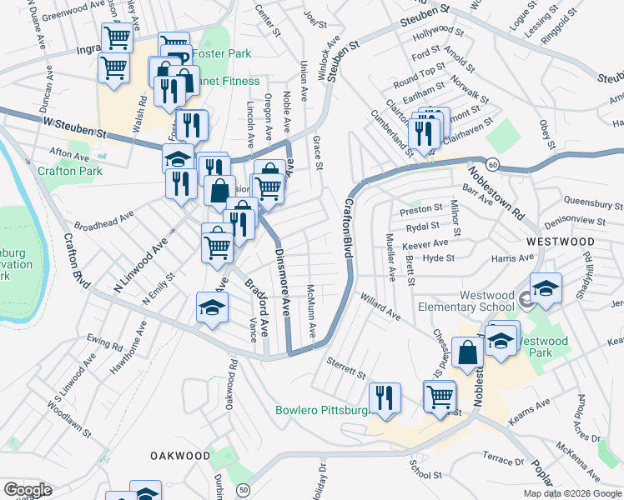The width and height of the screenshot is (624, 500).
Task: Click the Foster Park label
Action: [221, 53]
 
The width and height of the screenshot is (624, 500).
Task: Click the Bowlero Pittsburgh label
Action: [322, 410]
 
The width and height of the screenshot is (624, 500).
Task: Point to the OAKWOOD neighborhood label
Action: [180, 456]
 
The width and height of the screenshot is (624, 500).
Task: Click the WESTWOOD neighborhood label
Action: [560, 242]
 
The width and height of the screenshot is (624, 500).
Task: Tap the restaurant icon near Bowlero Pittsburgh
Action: [385, 397]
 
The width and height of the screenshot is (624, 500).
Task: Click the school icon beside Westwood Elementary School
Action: [546, 288]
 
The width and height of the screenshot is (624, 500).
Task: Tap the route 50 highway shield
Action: [243, 490]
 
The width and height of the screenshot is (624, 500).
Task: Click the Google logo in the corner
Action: [27, 490]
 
